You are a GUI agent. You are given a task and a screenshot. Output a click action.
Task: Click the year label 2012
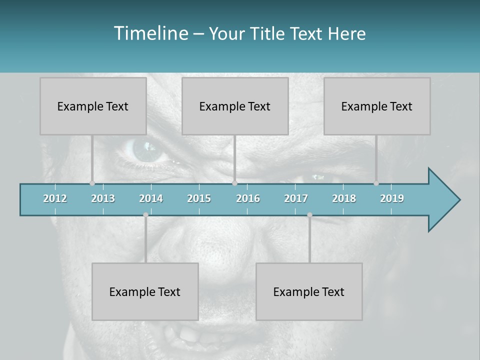tap(55, 198)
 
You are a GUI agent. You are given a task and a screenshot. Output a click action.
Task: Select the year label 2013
tap(103, 198)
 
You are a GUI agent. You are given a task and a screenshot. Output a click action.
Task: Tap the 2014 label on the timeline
tap(151, 198)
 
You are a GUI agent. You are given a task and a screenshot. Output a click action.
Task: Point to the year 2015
tap(199, 198)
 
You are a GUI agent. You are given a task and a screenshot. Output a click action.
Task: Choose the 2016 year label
tap(248, 198)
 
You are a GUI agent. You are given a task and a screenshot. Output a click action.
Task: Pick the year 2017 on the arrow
tap(296, 198)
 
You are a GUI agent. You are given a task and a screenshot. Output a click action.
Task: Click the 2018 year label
tap(344, 198)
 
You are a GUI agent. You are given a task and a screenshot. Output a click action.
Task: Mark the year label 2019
tap(392, 198)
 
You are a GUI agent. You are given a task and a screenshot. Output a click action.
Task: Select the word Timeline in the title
tap(150, 33)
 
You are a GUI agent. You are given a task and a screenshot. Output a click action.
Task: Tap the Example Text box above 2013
tap(93, 106)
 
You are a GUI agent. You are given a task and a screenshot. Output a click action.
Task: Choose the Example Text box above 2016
tap(235, 106)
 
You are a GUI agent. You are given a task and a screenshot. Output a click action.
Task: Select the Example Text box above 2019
tap(377, 106)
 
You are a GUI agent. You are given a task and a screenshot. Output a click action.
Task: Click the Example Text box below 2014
tap(145, 291)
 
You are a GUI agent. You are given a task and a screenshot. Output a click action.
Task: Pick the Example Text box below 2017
tap(309, 291)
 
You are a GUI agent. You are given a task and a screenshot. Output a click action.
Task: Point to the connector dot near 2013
tap(92, 183)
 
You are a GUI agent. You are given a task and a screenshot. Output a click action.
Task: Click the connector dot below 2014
tap(145, 215)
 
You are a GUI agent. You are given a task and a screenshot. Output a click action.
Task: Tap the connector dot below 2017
tap(309, 215)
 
